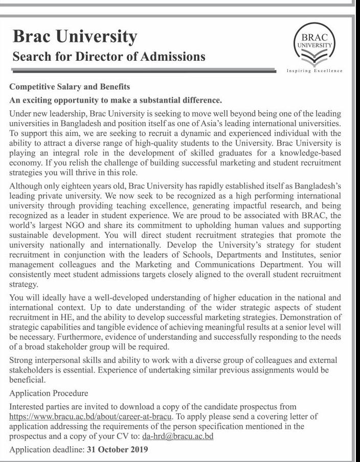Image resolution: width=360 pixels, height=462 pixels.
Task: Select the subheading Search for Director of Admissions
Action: point(109,56)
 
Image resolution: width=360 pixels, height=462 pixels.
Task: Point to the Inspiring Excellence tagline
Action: point(314,71)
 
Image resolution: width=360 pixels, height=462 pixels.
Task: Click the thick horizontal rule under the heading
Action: point(143,71)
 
